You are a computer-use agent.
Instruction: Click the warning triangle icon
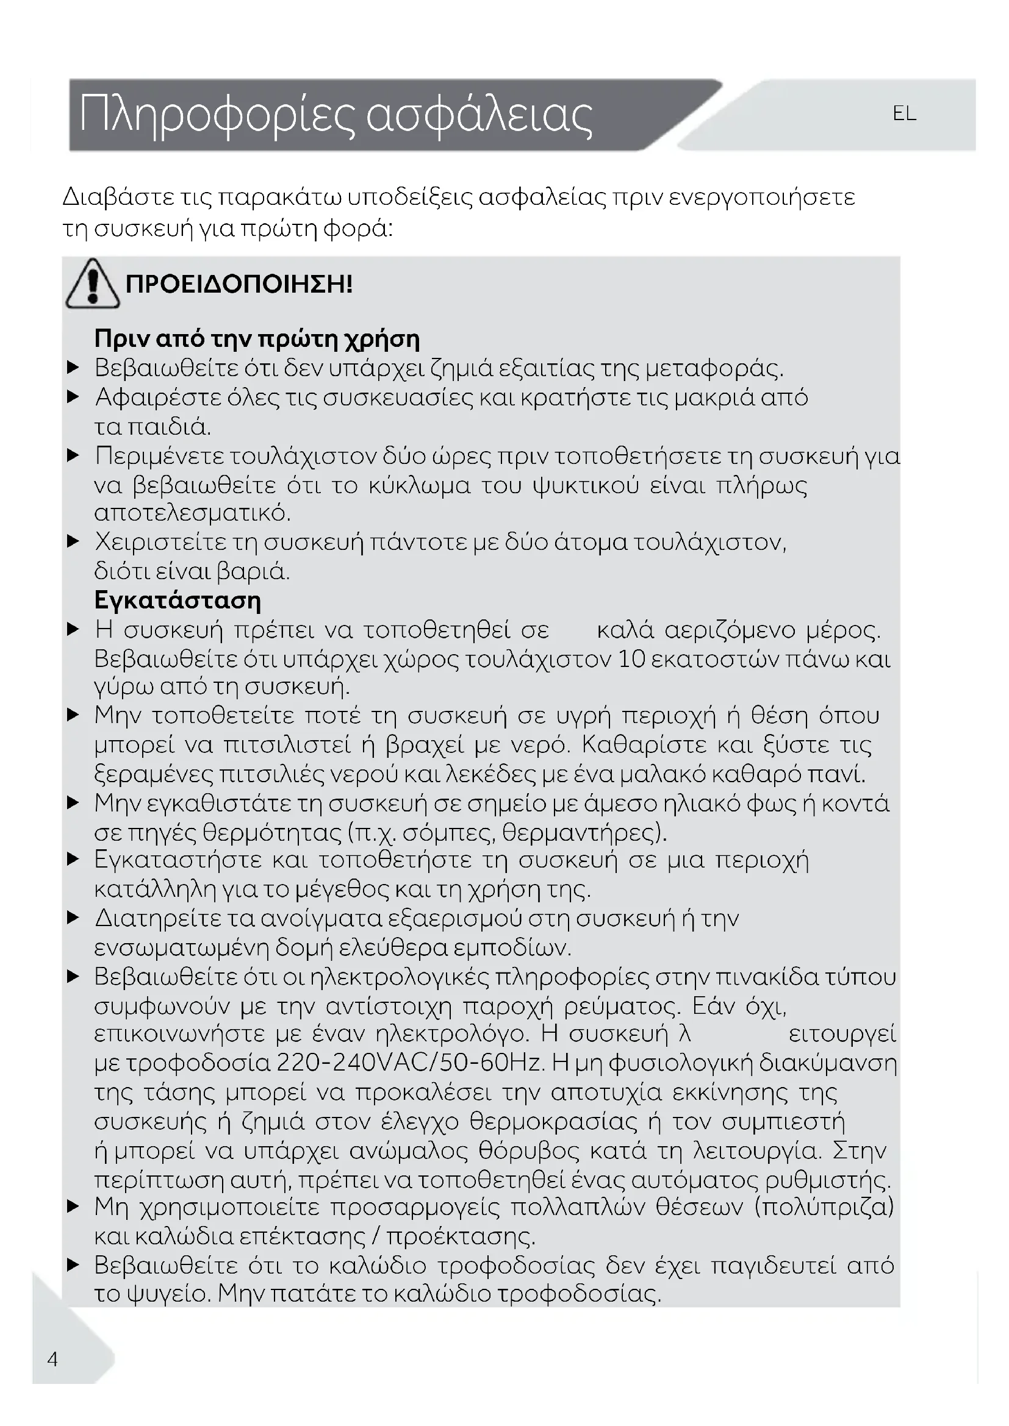coord(93,285)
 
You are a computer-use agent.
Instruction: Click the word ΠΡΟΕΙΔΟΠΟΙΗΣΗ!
coord(239,285)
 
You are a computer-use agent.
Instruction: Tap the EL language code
coord(904,113)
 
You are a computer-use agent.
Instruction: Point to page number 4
coord(53,1359)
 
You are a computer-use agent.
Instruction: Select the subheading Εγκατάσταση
coord(178,601)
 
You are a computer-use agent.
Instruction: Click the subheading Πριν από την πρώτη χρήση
coord(257,339)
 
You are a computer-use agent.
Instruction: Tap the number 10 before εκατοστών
coord(632,659)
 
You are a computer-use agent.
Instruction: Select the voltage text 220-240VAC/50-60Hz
coord(411,1063)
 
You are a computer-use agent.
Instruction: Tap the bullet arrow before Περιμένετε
coord(73,456)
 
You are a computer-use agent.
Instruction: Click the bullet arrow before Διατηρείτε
coord(73,918)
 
